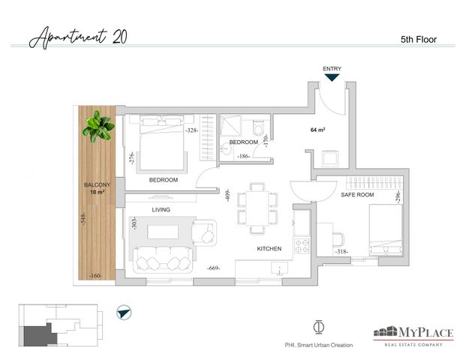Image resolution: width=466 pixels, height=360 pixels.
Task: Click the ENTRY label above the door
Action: pos(332,68)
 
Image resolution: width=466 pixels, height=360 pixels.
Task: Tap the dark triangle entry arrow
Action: pos(332,77)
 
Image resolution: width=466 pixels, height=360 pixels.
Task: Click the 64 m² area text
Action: pos(317,130)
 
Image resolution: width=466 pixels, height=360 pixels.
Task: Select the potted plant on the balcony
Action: pos(98,126)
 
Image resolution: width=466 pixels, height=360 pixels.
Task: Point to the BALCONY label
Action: pos(98,184)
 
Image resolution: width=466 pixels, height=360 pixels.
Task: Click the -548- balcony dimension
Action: pos(83,218)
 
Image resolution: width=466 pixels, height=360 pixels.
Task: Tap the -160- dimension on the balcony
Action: pos(96,276)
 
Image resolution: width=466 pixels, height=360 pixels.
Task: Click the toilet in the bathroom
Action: pos(259,127)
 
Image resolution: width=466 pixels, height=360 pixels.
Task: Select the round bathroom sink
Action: pos(227,148)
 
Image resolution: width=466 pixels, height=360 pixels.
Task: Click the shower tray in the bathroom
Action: pos(230,126)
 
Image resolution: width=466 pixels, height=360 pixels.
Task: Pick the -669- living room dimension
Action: pos(214,268)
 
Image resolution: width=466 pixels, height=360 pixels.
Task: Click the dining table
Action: pos(257,208)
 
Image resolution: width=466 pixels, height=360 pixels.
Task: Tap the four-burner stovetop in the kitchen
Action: pos(302,246)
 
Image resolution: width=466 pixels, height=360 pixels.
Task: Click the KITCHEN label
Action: pos(269,248)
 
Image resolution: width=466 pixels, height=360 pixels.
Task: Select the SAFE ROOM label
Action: pos(357,195)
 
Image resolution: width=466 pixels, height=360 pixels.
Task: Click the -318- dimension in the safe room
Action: pos(341,251)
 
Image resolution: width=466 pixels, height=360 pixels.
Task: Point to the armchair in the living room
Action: pos(204,232)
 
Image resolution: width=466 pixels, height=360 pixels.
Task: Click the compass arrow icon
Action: pos(124,313)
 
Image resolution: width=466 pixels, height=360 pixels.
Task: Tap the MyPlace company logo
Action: pos(413,336)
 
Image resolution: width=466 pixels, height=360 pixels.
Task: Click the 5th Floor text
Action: pos(419,40)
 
